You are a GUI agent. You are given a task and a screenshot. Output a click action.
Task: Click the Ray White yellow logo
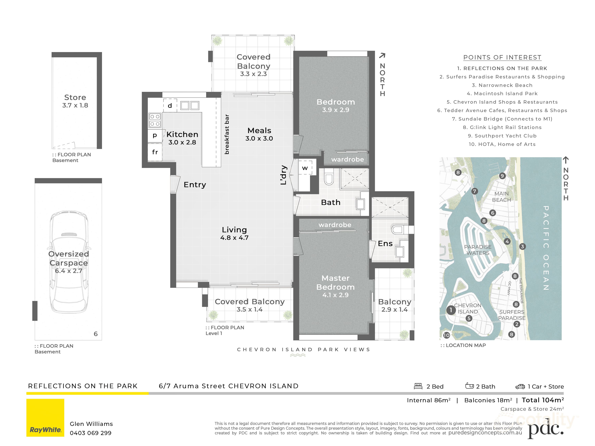click(45, 417)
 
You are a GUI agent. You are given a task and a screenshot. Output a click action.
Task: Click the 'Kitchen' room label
click(182, 134)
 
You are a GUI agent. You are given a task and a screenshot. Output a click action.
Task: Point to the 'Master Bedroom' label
click(335, 283)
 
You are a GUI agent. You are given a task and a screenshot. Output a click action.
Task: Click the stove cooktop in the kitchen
click(155, 120)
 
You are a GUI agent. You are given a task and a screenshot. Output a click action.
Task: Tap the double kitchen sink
click(190, 105)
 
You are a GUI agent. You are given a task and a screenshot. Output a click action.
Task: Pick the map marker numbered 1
click(451, 310)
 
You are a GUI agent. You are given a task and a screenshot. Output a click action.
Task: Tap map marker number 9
click(502, 176)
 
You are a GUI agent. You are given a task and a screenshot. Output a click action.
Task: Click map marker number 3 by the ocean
click(522, 247)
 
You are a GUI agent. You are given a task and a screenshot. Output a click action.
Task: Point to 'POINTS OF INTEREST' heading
click(502, 57)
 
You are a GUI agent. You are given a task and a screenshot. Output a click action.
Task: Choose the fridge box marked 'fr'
click(155, 152)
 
